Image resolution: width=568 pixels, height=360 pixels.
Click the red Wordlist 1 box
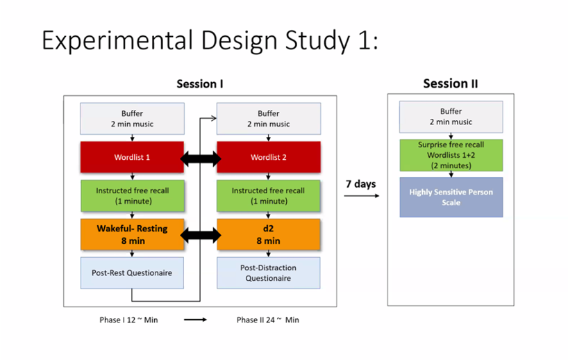132,157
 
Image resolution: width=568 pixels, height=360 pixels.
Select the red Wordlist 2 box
269,157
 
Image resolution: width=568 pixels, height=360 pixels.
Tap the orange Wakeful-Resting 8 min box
132,235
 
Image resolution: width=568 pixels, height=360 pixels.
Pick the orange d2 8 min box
269,235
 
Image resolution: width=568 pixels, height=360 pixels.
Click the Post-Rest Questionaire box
132,273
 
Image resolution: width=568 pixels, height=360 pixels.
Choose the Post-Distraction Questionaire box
269,273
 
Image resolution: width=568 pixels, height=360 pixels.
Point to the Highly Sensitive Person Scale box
451,197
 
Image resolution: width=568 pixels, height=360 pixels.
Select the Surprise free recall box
451,155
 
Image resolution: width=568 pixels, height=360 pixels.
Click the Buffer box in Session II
451,117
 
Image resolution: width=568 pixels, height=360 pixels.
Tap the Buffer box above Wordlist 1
132,119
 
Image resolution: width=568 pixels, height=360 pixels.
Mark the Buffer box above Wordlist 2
269,119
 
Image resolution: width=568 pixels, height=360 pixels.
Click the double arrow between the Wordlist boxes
200,158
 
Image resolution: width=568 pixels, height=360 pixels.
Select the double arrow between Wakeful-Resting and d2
200,236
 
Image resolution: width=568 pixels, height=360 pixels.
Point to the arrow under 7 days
362,196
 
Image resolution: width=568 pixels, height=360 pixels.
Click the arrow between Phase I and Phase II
195,320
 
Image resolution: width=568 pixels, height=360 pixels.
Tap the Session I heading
200,84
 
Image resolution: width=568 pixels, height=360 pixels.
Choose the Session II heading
451,84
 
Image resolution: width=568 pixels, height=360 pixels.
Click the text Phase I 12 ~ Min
128,320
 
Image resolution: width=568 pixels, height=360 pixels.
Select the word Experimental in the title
117,40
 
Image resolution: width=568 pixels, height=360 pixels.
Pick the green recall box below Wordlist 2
269,196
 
